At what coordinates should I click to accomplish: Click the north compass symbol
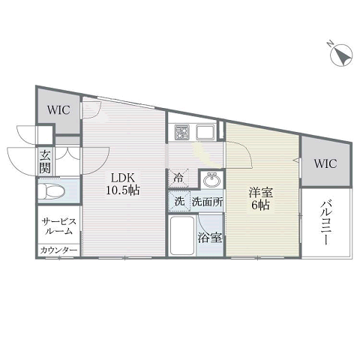click(x=341, y=55)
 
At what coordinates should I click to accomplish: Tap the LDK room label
click(x=123, y=178)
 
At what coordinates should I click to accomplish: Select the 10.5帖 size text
click(x=123, y=190)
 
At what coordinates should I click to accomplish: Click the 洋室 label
click(x=260, y=193)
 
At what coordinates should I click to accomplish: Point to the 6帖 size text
click(x=260, y=205)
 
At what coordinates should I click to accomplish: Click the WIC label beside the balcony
click(x=325, y=163)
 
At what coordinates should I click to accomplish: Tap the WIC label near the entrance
click(x=58, y=110)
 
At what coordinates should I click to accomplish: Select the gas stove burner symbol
click(x=181, y=132)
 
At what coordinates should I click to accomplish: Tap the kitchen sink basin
click(x=205, y=132)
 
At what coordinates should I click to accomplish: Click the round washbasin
click(x=212, y=179)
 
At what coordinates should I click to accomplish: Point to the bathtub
click(x=182, y=235)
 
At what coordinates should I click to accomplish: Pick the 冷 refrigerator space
click(x=178, y=178)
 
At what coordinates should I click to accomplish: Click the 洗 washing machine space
click(x=179, y=202)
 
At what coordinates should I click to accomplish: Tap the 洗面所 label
click(x=208, y=202)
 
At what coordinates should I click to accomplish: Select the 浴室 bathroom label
click(x=210, y=238)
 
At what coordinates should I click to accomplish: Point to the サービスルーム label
click(x=59, y=226)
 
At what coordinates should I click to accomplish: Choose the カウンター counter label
click(x=58, y=250)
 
